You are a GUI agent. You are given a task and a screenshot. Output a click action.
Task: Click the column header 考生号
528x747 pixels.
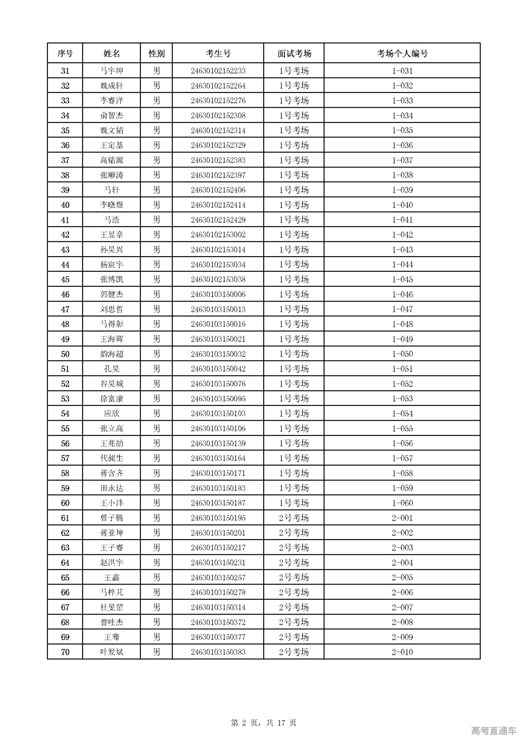tap(218, 53)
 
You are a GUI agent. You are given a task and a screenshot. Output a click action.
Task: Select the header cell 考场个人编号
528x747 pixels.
tap(402, 53)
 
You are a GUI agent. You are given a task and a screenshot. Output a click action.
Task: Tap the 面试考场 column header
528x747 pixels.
tap(294, 53)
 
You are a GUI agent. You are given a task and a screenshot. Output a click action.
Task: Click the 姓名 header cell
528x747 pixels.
tap(111, 53)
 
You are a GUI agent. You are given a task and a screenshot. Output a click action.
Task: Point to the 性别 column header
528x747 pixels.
tap(156, 53)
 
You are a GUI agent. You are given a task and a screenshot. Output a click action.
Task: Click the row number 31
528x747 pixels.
tap(65, 71)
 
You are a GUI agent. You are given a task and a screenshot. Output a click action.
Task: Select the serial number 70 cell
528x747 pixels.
tap(65, 652)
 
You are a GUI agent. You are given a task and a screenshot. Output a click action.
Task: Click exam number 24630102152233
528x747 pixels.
tap(218, 71)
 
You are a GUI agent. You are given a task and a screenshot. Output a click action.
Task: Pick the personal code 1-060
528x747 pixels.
tap(402, 503)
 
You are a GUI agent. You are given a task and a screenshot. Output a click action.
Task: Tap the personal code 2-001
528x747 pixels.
tap(402, 518)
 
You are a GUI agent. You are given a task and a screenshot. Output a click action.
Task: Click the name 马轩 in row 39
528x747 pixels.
tap(111, 190)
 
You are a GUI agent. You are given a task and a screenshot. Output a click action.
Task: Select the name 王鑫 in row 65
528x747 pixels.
tap(111, 577)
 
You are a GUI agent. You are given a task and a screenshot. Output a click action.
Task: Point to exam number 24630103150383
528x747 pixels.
tap(218, 652)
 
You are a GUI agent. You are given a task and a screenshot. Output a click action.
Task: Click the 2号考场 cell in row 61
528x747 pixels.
tap(294, 518)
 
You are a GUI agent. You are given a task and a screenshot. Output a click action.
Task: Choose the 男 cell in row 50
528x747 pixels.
tap(156, 354)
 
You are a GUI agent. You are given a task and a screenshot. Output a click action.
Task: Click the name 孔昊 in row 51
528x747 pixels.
tap(111, 369)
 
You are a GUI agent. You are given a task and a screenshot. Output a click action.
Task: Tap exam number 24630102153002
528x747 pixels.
tap(218, 235)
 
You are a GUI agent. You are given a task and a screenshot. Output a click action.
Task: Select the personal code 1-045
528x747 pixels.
tap(402, 279)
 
